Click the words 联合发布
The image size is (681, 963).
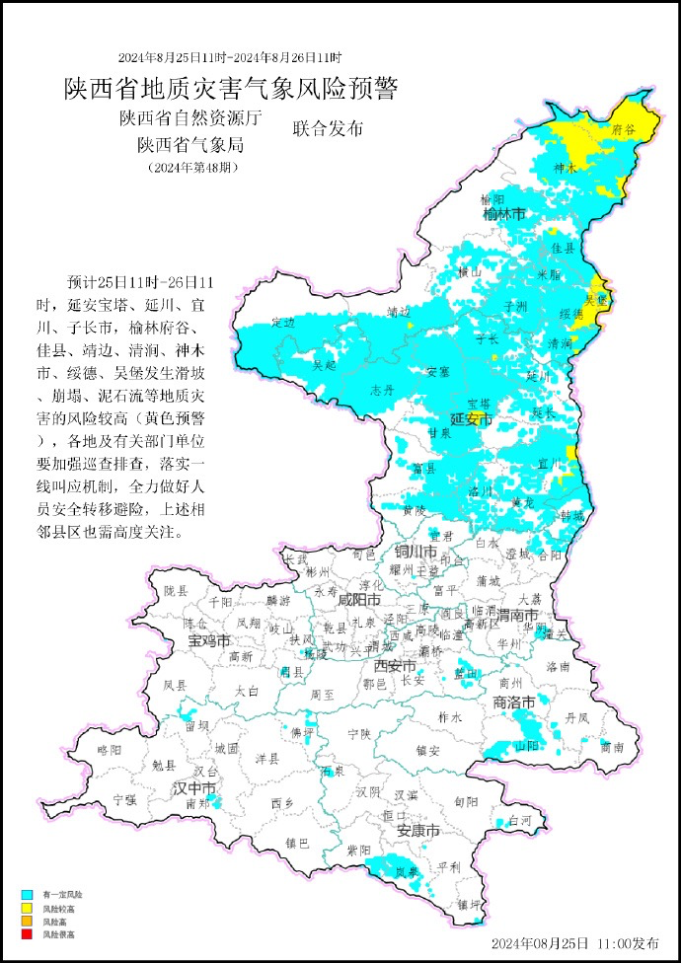329,129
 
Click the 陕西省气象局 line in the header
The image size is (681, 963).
190,145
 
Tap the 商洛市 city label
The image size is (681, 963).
513,702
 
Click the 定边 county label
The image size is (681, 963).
282,323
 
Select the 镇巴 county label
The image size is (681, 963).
297,843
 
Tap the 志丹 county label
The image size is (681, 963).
382,389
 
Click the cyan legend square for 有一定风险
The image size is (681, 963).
28,895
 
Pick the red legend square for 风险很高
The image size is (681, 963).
28,933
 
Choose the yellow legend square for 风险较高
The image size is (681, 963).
28,908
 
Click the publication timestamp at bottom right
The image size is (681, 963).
574,943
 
